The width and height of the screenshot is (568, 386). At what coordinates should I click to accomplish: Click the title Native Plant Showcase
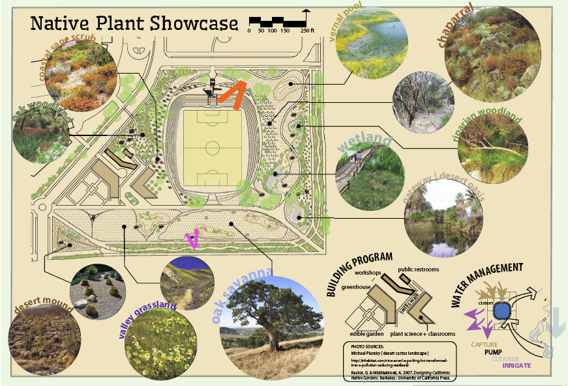click(134, 24)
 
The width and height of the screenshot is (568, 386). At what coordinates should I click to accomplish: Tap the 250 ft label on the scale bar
click(307, 31)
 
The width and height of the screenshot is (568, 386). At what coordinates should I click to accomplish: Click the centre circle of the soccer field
click(213, 148)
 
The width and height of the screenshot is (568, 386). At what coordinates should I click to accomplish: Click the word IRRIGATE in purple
click(517, 365)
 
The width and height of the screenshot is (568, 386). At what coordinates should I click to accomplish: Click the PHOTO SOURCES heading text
click(369, 346)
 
